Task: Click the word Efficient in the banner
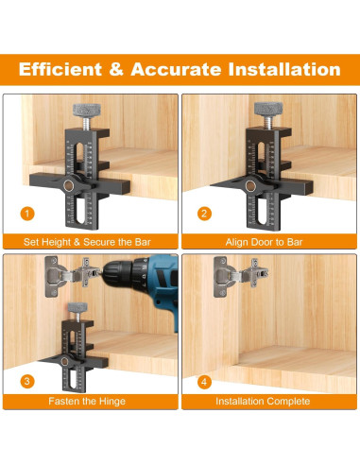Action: (x=60, y=69)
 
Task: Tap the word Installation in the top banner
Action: (x=284, y=69)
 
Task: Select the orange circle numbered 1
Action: (x=27, y=214)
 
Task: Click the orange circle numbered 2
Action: (x=204, y=214)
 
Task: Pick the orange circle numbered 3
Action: (x=27, y=382)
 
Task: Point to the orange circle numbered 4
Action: (x=204, y=382)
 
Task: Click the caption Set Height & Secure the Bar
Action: (x=87, y=242)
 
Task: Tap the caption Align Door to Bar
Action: (x=264, y=242)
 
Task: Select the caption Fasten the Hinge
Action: (x=87, y=402)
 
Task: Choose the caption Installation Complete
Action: (x=263, y=402)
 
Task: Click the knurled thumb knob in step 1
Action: (x=87, y=111)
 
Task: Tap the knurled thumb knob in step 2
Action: (x=268, y=109)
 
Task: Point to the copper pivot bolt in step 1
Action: (x=68, y=186)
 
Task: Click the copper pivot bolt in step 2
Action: (x=250, y=186)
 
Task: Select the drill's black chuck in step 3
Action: (x=119, y=272)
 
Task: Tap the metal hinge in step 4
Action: (x=241, y=276)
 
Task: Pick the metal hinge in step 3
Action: (x=73, y=275)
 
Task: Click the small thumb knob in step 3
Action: (x=77, y=307)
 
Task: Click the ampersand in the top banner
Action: (x=116, y=69)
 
